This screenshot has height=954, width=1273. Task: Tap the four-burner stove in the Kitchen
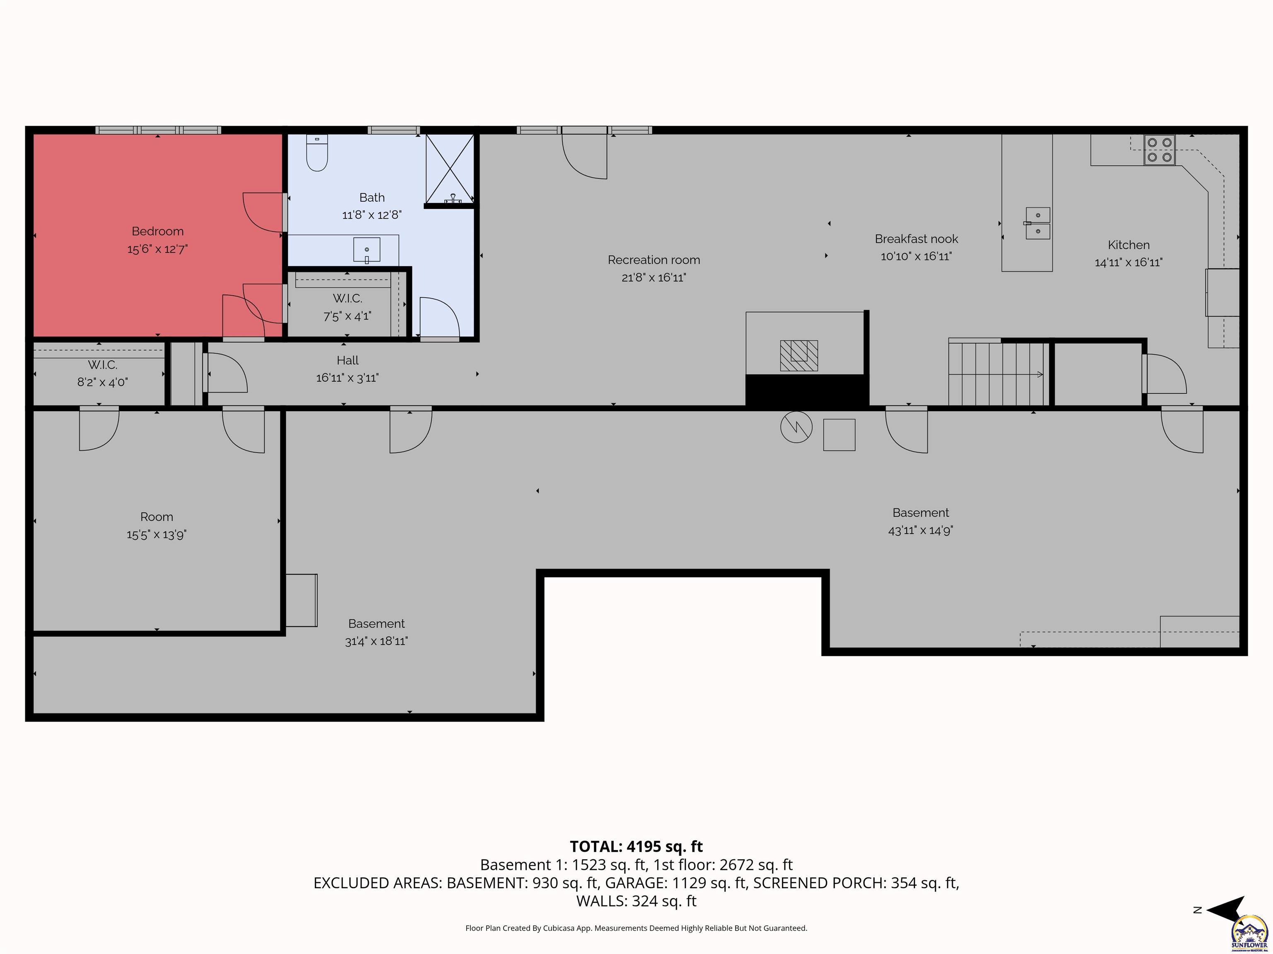click(x=1159, y=149)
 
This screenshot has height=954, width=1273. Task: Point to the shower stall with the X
click(x=450, y=169)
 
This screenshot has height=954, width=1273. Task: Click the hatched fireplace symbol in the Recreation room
click(x=799, y=355)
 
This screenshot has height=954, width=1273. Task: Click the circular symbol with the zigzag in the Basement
click(x=796, y=426)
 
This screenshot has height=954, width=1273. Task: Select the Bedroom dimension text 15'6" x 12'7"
click(x=158, y=249)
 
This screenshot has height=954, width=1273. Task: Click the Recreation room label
click(x=654, y=260)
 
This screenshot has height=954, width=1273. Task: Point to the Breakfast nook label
click(x=916, y=238)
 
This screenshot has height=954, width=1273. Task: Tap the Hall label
click(x=348, y=361)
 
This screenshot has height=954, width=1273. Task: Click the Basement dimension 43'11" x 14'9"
click(x=920, y=530)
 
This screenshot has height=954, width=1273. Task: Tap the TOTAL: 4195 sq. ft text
click(x=636, y=846)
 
